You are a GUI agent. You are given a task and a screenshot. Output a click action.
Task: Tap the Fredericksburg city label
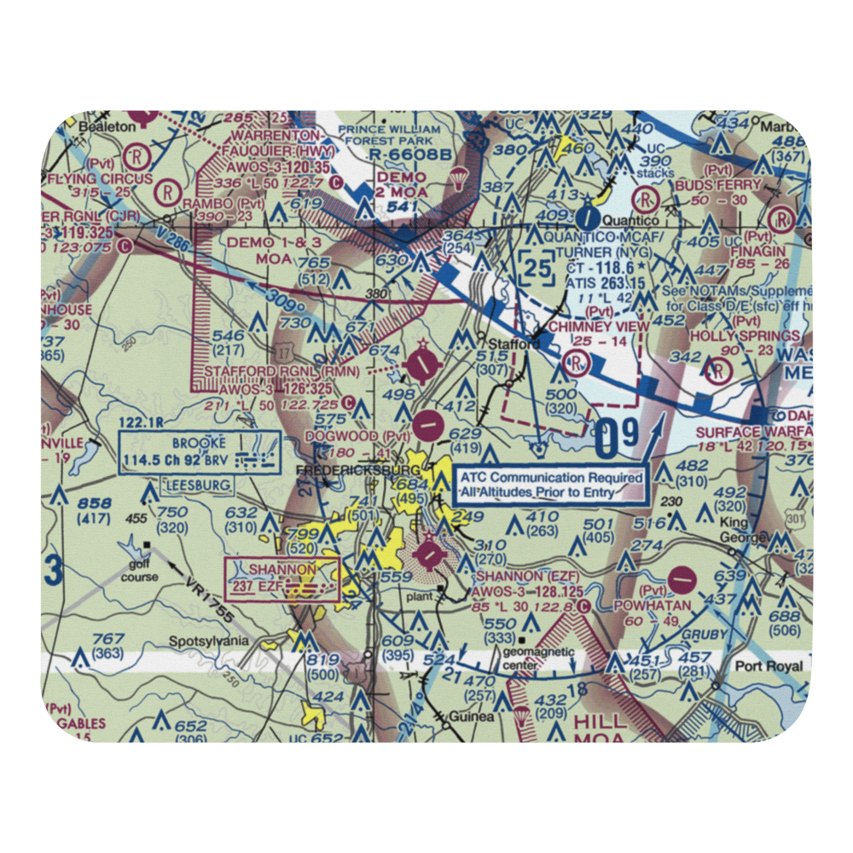(x=356, y=470)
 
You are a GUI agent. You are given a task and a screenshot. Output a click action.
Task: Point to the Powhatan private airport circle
(x=682, y=580)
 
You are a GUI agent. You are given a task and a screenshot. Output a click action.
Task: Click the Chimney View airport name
(x=598, y=327)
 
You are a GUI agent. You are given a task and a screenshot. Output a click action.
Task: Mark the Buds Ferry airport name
(x=728, y=185)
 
